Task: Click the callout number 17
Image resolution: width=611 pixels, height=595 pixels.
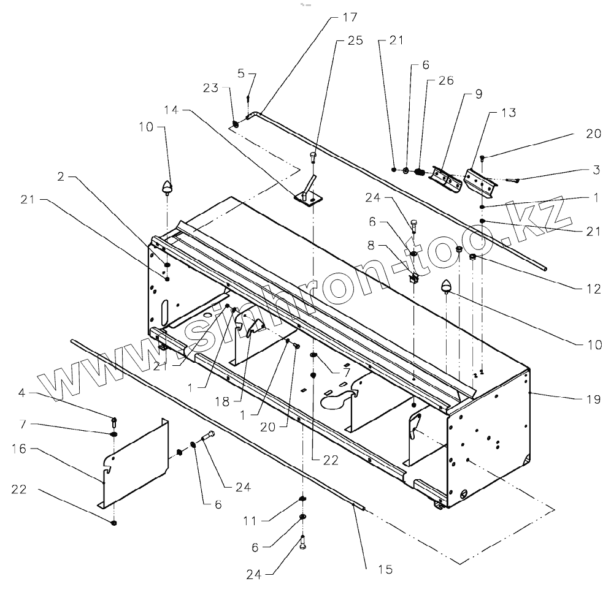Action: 350,17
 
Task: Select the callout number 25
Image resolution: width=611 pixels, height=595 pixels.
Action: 355,41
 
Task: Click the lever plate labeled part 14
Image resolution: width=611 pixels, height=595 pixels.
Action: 309,194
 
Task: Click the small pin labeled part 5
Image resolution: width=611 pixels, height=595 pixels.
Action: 248,98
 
